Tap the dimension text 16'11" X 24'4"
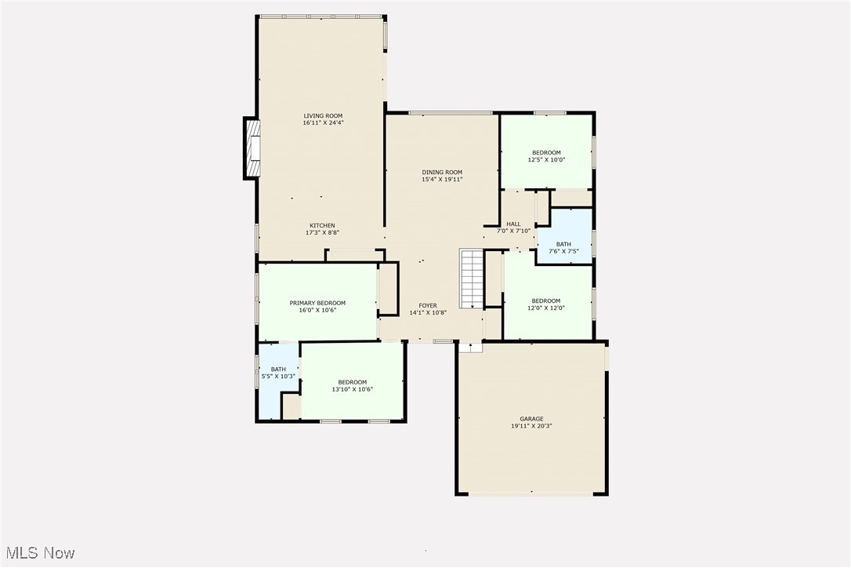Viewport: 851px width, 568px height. (324, 123)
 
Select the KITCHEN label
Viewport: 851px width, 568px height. (321, 225)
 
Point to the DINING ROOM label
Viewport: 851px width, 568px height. (442, 172)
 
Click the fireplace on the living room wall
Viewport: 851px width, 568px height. (252, 148)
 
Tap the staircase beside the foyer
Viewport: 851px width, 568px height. (472, 279)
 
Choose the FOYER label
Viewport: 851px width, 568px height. (427, 305)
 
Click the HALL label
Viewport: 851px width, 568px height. (513, 224)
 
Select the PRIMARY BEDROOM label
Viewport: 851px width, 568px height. (317, 303)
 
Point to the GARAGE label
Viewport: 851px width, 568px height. (531, 419)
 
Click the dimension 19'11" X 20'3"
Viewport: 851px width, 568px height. (531, 426)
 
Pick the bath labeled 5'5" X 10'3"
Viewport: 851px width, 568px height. (278, 373)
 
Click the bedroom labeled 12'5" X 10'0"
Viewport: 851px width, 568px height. (546, 155)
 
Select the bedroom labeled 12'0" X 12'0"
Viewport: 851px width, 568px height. (546, 304)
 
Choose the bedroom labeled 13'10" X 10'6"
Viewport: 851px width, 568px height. (352, 385)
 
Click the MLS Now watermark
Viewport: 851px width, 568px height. (38, 553)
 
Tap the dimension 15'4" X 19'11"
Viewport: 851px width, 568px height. (442, 179)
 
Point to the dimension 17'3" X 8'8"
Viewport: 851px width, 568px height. (321, 232)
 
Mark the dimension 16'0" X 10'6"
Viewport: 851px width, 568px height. (317, 310)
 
